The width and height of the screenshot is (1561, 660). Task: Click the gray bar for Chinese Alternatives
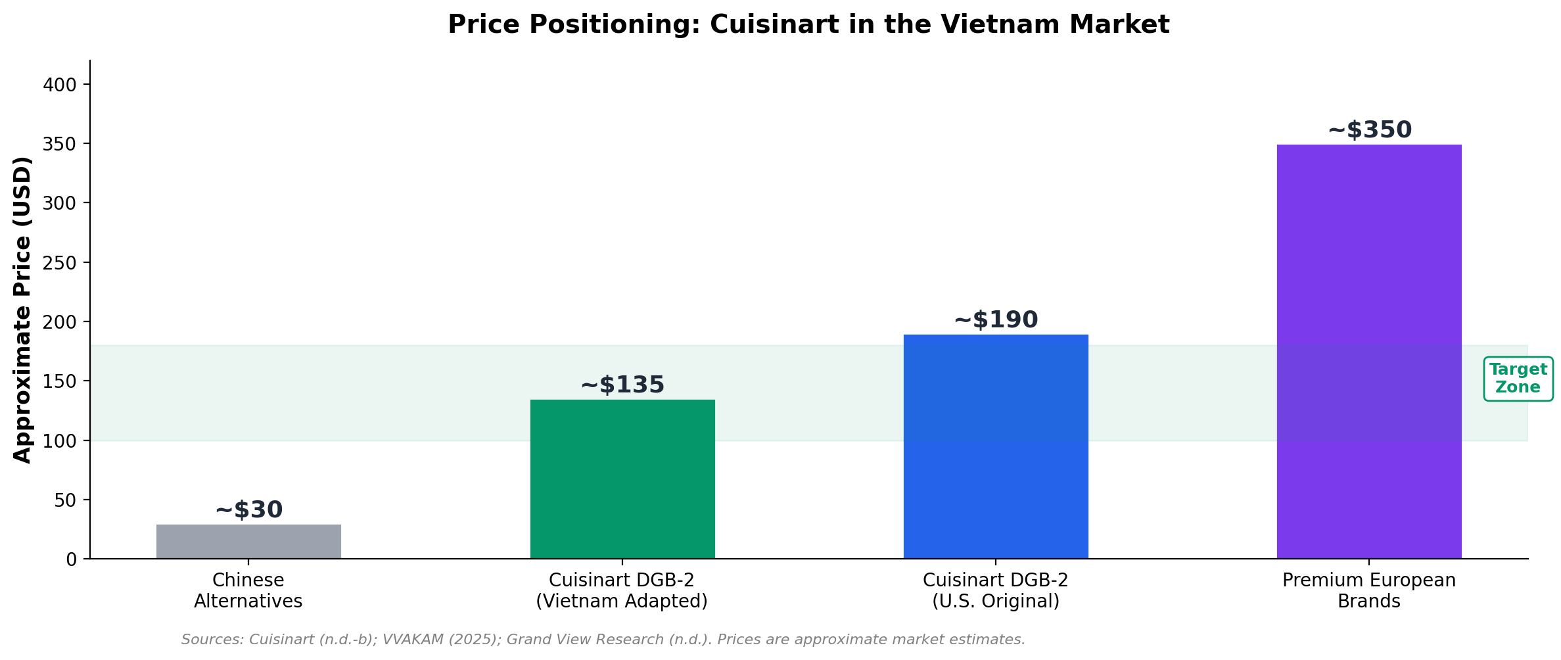click(248, 542)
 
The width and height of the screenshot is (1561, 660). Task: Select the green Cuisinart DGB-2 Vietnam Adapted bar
click(622, 479)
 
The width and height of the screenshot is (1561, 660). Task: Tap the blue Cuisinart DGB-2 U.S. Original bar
click(995, 447)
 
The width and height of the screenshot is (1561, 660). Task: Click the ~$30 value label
click(248, 510)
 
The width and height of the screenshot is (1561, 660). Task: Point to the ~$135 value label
click(622, 385)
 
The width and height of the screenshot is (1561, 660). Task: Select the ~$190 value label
click(995, 320)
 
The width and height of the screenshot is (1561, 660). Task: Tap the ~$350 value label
click(1369, 130)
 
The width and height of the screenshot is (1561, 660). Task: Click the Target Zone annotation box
click(1518, 379)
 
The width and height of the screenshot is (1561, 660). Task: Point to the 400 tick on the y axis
click(60, 85)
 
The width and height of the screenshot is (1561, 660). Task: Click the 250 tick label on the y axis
click(60, 263)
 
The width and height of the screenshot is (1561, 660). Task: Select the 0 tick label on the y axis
click(71, 559)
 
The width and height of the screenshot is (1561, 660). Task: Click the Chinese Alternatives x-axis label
click(248, 591)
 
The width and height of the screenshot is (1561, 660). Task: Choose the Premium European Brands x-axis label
click(1368, 591)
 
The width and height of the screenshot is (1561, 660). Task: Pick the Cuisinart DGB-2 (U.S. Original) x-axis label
click(995, 591)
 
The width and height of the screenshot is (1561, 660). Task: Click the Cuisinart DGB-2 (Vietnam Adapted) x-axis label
click(622, 591)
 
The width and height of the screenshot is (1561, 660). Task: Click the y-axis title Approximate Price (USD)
click(23, 310)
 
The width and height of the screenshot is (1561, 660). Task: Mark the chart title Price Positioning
click(808, 25)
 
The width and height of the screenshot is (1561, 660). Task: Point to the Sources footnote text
click(603, 640)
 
